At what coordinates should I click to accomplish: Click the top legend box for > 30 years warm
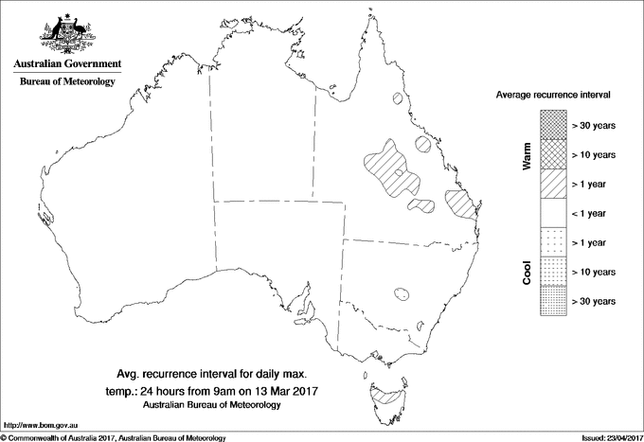(553, 124)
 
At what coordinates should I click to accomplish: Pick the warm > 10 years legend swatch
(553, 153)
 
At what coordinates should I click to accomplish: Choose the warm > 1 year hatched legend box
(553, 183)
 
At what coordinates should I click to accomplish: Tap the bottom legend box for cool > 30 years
(553, 300)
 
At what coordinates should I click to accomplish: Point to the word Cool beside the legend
(527, 271)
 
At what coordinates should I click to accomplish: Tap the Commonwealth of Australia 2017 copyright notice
(114, 436)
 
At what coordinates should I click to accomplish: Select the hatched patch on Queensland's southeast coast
(461, 203)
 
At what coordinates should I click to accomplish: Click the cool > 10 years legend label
(594, 271)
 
